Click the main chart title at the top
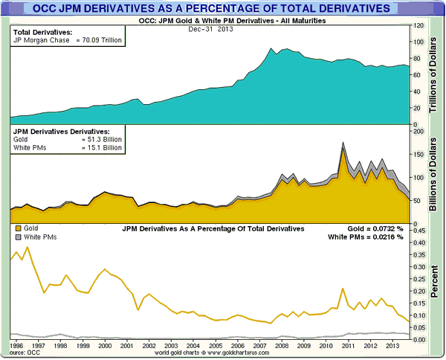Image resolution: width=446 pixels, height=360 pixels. point(222,8)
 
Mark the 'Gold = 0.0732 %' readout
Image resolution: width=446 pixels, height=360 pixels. point(375,228)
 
